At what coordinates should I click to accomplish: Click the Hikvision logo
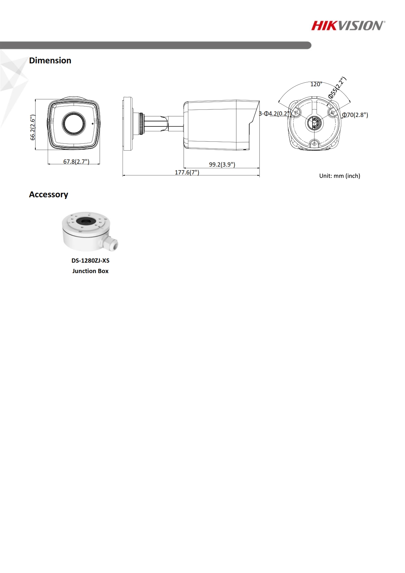[x=348, y=25]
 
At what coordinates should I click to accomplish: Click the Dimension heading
[x=50, y=60]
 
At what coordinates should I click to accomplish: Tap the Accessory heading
[x=48, y=194]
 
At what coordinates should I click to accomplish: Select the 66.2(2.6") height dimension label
[x=33, y=127]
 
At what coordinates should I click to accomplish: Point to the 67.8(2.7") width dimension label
[x=76, y=161]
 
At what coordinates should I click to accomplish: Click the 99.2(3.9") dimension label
[x=222, y=164]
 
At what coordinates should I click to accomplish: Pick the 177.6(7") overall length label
[x=187, y=172]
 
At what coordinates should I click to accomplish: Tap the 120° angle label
[x=316, y=84]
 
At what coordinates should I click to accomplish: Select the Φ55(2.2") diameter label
[x=337, y=88]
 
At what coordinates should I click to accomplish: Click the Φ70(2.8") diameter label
[x=355, y=115]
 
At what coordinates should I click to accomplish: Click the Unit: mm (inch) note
[x=340, y=176]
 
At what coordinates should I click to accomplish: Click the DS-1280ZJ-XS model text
[x=91, y=261]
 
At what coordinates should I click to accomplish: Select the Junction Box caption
[x=90, y=271]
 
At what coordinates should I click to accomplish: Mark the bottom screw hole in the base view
[x=314, y=144]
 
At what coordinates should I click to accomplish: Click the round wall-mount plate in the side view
[x=128, y=124]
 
